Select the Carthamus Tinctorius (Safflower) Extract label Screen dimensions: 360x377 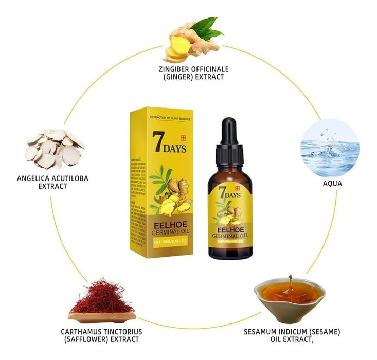pyautogui.click(x=101, y=335)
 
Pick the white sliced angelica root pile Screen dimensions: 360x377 pyautogui.click(x=55, y=149)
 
